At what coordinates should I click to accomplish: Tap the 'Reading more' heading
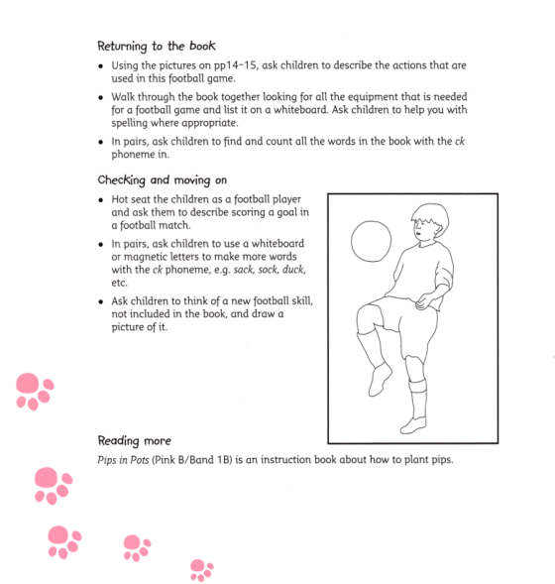[134, 440]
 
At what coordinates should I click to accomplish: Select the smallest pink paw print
[201, 568]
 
